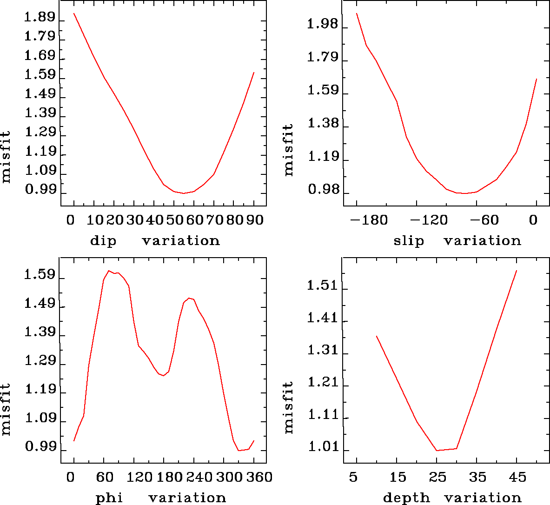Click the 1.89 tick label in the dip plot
coord(40,19)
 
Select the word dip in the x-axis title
coord(103,241)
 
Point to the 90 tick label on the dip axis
coord(255,219)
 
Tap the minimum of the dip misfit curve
coord(184,193)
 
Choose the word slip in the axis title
coord(409,241)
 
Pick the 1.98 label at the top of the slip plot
coord(322,24)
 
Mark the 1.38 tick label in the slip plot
coord(322,126)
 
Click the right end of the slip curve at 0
coord(537,79)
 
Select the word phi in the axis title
coord(109,498)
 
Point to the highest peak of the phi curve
coord(109,271)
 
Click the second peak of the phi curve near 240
coord(189,298)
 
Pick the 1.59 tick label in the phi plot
coord(40,276)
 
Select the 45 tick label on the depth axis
coord(517,477)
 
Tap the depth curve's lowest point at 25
coord(437,450)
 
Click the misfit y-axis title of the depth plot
coord(289,407)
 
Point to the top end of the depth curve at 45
coord(517,270)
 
